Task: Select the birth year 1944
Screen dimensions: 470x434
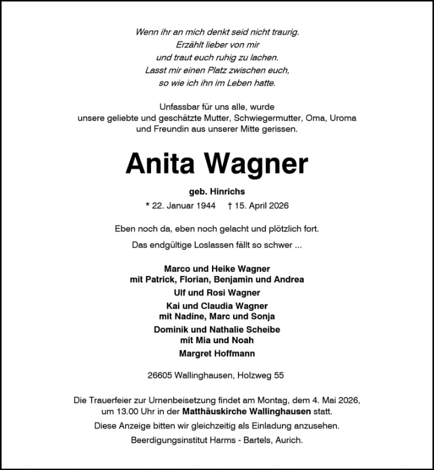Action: [204, 206]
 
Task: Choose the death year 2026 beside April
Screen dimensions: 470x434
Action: [278, 206]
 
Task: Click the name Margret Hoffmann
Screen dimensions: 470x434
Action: [217, 353]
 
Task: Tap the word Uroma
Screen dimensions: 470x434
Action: [342, 117]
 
